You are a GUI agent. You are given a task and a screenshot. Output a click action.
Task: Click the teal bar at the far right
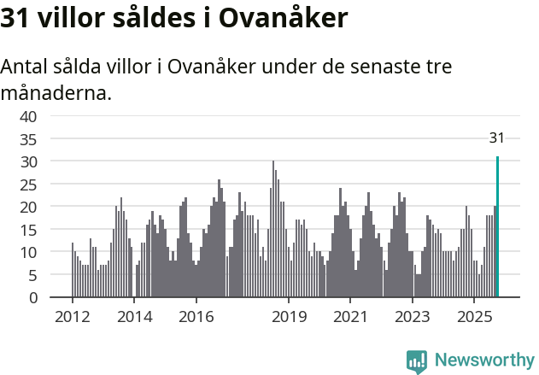coord(497,227)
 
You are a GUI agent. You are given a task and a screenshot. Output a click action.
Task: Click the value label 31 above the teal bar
coord(497,138)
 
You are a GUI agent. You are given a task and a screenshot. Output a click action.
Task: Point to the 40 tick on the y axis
coord(28,116)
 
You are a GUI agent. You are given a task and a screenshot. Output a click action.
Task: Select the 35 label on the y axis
coord(28,138)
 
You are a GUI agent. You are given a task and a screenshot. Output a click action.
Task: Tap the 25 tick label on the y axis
coord(28,184)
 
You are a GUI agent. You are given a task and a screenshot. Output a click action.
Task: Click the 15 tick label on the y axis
coord(28,230)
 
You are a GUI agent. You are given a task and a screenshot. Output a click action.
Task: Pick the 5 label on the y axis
coord(32,275)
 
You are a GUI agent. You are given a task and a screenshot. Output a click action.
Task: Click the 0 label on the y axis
coord(32,298)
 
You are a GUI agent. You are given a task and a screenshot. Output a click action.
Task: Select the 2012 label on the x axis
coord(73,317)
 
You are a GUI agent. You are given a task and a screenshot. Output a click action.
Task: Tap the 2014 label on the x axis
coord(134,317)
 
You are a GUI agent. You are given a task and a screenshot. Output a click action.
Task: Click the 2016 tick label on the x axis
coord(196,317)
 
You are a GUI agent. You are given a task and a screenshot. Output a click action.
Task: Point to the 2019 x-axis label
coord(289,317)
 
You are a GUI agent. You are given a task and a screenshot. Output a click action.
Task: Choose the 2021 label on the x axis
coord(350,317)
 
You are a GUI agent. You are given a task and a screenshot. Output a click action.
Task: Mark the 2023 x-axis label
coord(413,317)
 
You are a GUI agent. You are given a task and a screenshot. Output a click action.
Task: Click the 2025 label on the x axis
coord(474,317)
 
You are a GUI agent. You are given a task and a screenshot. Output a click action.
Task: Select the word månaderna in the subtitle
coord(56,92)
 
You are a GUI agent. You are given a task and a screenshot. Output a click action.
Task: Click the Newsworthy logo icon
coord(417,361)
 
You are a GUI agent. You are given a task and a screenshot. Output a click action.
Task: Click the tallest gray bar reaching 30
coord(273,229)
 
